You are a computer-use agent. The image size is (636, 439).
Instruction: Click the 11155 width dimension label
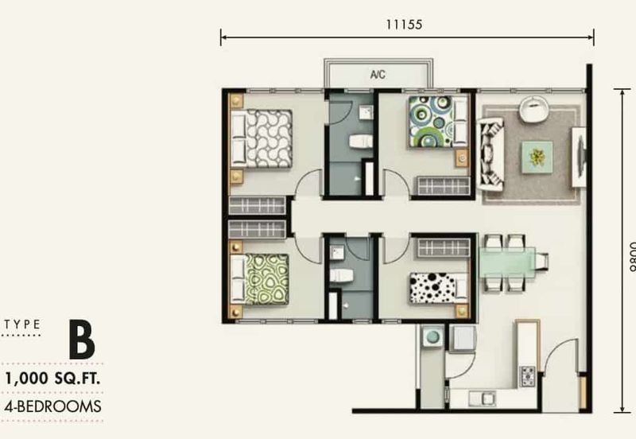[x=404, y=25]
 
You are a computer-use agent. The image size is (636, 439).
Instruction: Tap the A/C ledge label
[x=378, y=75]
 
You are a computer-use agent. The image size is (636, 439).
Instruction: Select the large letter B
[x=82, y=340]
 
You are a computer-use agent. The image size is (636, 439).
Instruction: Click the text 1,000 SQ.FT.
[x=52, y=379]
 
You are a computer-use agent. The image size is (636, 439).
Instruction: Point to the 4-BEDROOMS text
[x=52, y=406]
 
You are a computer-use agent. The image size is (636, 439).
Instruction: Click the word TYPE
[x=22, y=324]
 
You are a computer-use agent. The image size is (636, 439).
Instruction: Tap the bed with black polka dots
[x=439, y=288]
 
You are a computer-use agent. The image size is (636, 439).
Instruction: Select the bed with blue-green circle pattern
[x=439, y=122]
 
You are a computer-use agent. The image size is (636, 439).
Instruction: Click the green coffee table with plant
[x=537, y=157]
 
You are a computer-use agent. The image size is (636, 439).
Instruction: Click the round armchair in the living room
[x=533, y=108]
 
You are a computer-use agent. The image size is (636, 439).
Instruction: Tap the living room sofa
[x=491, y=153]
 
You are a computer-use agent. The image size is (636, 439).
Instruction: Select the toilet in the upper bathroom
[x=361, y=142]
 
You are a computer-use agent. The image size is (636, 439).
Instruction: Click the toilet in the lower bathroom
[x=341, y=275]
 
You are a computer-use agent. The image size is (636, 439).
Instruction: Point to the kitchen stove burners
[x=528, y=376]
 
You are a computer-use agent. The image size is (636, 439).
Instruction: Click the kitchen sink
[x=482, y=398]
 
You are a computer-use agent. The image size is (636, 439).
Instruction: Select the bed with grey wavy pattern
[x=261, y=138]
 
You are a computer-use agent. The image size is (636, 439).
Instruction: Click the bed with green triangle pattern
[x=260, y=279]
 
